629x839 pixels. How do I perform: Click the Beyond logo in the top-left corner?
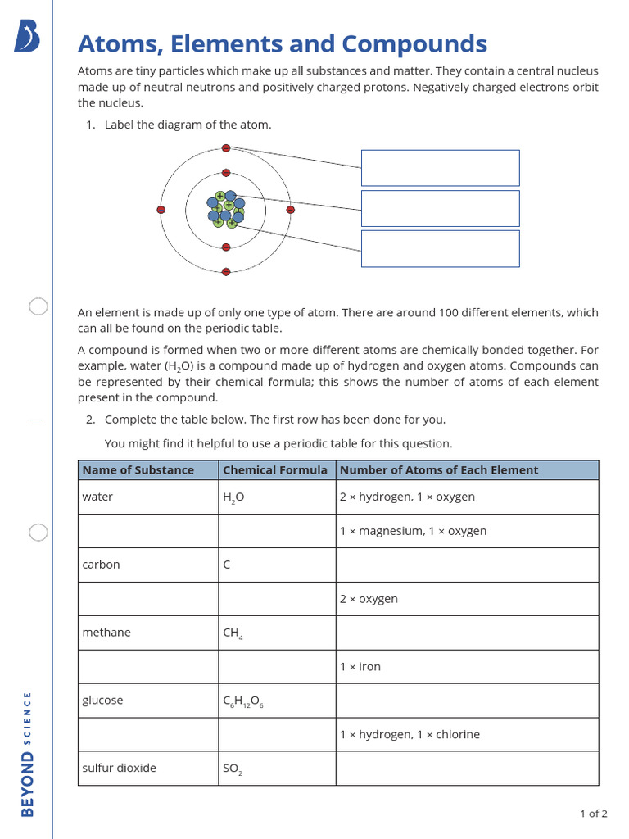(27, 38)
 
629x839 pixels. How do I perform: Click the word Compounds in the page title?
(414, 44)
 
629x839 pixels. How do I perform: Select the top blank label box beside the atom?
(440, 168)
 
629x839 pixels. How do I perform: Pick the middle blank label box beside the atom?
(440, 208)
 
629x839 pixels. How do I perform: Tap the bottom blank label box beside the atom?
(440, 248)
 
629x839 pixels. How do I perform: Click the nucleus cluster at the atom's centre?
(225, 210)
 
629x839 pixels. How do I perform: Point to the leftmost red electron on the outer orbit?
(161, 210)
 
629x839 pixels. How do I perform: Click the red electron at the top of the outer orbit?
(226, 148)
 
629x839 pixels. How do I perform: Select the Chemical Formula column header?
(275, 470)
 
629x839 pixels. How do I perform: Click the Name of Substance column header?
(138, 470)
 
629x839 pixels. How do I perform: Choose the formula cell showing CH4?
(233, 633)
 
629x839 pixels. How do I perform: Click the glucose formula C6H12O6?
(243, 701)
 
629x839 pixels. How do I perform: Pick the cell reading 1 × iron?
(360, 667)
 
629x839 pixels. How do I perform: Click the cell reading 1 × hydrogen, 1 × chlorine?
(410, 735)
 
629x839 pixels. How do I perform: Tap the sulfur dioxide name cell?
(119, 769)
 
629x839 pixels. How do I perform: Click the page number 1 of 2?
(593, 814)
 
